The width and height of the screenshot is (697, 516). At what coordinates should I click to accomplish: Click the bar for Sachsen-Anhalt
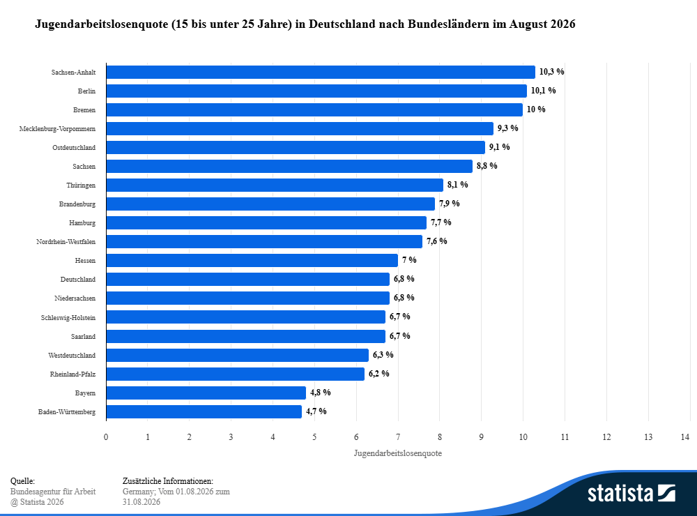(x=321, y=72)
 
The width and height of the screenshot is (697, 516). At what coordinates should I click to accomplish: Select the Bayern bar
(x=206, y=393)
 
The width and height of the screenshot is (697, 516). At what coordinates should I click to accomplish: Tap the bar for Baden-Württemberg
(x=204, y=411)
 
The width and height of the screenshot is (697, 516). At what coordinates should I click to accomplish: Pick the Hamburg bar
(x=266, y=222)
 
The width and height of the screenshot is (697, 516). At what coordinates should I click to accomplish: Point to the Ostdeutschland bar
(x=296, y=147)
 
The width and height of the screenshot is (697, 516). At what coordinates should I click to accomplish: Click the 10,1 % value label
(x=543, y=91)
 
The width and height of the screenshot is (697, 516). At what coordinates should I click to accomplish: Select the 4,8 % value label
(x=321, y=393)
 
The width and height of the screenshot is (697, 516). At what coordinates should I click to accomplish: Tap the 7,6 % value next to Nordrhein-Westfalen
(x=437, y=241)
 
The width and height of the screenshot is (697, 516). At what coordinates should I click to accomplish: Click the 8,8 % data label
(x=487, y=166)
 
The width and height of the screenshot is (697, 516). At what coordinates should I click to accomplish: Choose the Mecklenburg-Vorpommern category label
(x=57, y=128)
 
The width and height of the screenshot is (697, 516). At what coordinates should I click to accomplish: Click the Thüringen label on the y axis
(x=81, y=185)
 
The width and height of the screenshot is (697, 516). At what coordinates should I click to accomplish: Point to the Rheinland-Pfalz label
(x=72, y=374)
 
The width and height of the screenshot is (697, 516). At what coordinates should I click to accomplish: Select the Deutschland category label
(x=78, y=280)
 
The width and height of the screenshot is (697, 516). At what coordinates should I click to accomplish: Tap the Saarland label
(x=83, y=336)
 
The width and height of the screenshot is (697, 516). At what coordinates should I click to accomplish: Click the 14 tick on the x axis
(x=685, y=437)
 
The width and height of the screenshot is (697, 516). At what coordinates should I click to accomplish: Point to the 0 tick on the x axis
(x=106, y=437)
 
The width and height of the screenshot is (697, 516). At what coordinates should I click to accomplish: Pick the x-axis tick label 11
(x=565, y=437)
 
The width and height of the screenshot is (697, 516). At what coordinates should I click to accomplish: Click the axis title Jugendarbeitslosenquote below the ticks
(x=398, y=453)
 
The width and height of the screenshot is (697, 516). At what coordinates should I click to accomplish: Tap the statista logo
(x=631, y=493)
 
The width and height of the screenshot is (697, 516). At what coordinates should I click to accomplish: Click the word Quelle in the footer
(x=23, y=481)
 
